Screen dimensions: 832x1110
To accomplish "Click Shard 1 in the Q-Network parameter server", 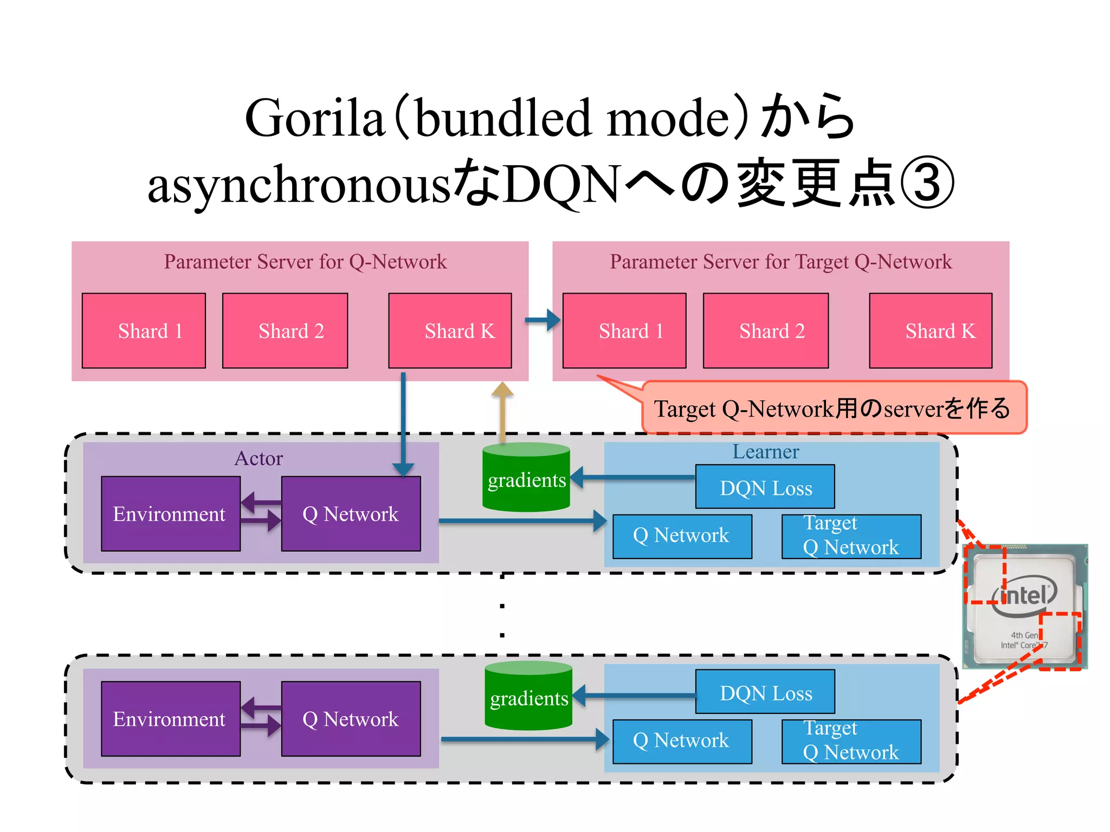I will pos(144,331).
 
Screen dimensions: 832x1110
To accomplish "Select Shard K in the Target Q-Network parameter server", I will pos(931,331).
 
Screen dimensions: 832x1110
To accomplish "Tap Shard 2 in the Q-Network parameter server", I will pos(285,331).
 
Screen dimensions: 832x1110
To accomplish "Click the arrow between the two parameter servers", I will pos(543,320).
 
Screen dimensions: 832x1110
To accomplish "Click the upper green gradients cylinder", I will pos(526,478).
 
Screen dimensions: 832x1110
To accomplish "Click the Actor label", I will pos(259,459).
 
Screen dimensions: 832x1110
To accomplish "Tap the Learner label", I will pos(765,452).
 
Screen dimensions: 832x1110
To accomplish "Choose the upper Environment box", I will pos(170,514).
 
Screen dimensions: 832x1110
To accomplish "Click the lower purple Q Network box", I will pos(351,719).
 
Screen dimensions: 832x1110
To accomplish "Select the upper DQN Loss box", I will pos(765,487).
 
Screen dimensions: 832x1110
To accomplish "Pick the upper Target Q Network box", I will pos(851,536).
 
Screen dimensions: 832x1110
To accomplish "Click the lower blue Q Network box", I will pos(682,741).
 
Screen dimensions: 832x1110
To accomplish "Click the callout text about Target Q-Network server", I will pos(832,408).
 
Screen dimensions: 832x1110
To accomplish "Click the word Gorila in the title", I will pos(314,118).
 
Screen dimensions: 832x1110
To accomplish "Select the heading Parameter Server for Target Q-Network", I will pos(780,262).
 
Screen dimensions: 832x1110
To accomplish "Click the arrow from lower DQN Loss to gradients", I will pos(634,695).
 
